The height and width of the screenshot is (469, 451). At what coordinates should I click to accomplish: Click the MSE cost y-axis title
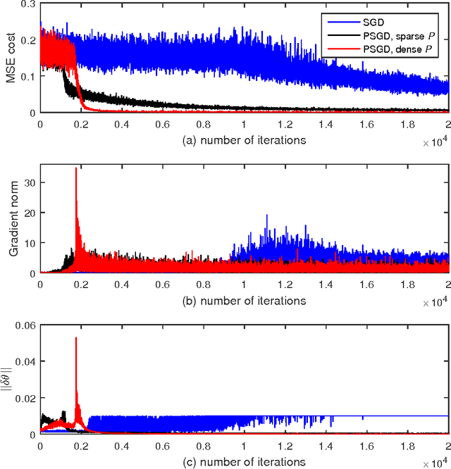tap(11, 58)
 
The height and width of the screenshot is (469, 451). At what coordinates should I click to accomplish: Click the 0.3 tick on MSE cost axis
tap(26, 5)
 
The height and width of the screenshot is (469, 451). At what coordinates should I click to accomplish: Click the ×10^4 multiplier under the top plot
tap(435, 143)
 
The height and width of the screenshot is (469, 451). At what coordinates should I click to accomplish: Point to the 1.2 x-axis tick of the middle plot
tap(285, 286)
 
